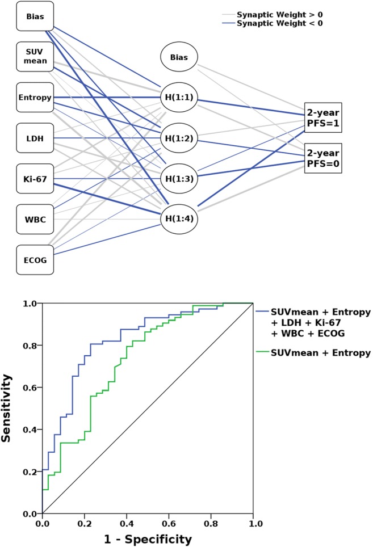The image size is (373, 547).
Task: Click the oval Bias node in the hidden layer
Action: coord(179,57)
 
